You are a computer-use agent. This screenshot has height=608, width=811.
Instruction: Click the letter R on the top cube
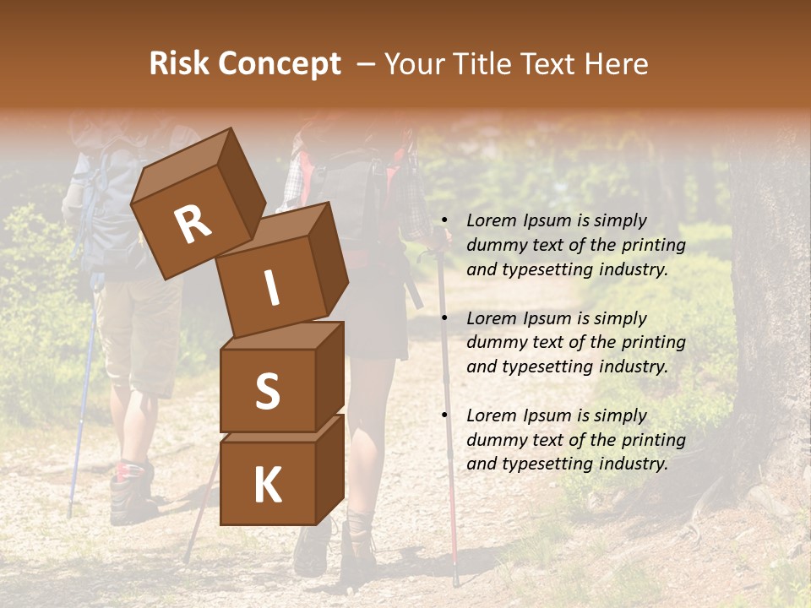pyautogui.click(x=193, y=224)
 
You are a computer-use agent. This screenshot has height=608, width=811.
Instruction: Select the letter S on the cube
pyautogui.click(x=267, y=390)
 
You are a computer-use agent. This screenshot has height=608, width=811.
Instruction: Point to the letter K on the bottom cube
pyautogui.click(x=267, y=485)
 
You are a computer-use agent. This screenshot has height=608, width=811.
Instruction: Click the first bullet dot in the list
pyautogui.click(x=444, y=221)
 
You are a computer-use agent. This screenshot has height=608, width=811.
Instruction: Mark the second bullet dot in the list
pyautogui.click(x=444, y=319)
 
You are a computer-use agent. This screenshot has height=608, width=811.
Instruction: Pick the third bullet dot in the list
pyautogui.click(x=444, y=416)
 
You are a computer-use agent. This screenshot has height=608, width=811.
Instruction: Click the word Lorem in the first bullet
pyautogui.click(x=491, y=221)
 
